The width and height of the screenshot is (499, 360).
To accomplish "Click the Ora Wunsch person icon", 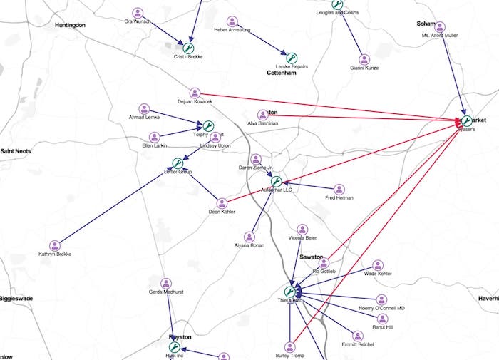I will pos(138,12).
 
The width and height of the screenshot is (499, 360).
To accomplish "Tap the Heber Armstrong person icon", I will pos(232,21).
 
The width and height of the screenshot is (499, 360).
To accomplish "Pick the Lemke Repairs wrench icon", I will pos(291,57).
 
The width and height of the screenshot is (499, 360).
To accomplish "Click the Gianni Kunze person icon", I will pos(364,59).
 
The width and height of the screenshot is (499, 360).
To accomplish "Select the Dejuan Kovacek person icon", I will pos(195,93).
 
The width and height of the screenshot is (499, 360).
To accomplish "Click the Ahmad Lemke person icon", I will pos(144,109).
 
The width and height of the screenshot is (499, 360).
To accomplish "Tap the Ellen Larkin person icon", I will pos(154,137).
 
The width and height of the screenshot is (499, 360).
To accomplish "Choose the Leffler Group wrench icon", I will pos(178,163).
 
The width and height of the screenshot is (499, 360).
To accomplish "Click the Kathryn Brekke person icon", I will pos(55,246).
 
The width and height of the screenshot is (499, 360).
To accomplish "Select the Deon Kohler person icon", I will pos(222,203).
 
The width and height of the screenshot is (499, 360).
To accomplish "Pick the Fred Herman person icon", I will pos(339,190).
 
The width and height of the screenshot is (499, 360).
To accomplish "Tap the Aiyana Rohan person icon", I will pos(249,237).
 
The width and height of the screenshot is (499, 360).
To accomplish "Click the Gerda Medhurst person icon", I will pos(166,283).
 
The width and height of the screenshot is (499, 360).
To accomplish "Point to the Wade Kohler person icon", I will pos(378,264).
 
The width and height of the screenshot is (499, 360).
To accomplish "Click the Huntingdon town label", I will pos(70,25).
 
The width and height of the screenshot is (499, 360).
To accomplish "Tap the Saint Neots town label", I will pos(16,150).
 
